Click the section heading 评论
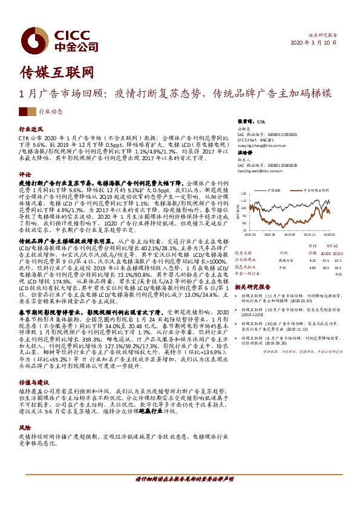tap(25, 173)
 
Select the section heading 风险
tap(25, 426)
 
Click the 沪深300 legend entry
tap(278, 190)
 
